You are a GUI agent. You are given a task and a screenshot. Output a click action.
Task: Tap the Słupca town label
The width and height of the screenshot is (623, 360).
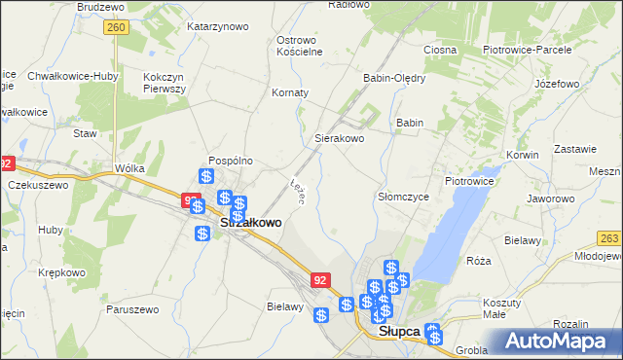tap(399, 331)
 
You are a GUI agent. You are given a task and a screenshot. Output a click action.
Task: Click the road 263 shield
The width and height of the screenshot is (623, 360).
tap(609, 237)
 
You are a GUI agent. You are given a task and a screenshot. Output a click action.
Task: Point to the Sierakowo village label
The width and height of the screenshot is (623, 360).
tap(339, 139)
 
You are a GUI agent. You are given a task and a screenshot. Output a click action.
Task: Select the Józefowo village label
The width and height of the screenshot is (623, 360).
tap(557, 84)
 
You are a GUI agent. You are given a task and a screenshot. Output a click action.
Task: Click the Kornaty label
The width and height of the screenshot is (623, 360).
tap(290, 93)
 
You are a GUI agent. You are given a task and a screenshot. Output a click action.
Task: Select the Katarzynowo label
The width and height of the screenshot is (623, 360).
tap(216, 26)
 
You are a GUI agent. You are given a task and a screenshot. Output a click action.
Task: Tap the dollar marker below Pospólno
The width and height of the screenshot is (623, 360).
tap(206, 177)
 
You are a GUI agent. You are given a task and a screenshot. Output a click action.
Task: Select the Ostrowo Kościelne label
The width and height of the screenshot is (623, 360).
tap(299, 46)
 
